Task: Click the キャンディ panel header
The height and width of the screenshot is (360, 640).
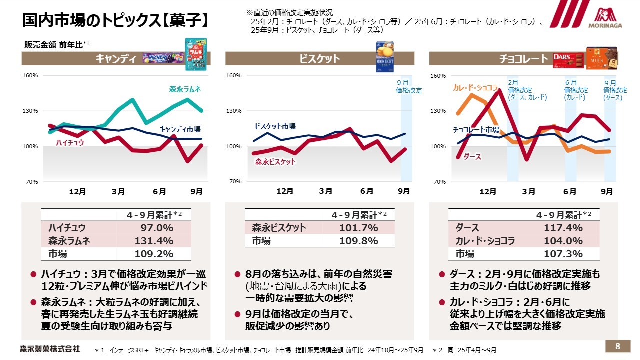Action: coord(116,59)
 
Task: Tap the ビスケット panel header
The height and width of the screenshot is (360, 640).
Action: coord(319,59)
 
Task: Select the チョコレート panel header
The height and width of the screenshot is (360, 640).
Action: coord(523,59)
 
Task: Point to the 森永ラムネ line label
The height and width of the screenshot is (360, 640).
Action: coord(184,89)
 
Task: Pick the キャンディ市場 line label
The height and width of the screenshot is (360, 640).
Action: coord(180,129)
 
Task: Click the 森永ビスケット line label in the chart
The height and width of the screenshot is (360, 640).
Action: coord(275,162)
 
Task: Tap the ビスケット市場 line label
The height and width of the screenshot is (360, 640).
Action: coord(275,126)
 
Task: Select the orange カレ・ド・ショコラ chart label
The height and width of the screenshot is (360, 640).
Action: coord(475,88)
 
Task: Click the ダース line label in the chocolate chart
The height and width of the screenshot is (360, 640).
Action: coord(472,157)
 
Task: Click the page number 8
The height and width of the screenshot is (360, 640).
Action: coord(618,346)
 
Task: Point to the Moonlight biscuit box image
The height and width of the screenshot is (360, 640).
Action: coord(385,56)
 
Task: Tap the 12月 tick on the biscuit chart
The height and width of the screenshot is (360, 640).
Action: coord(284,191)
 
